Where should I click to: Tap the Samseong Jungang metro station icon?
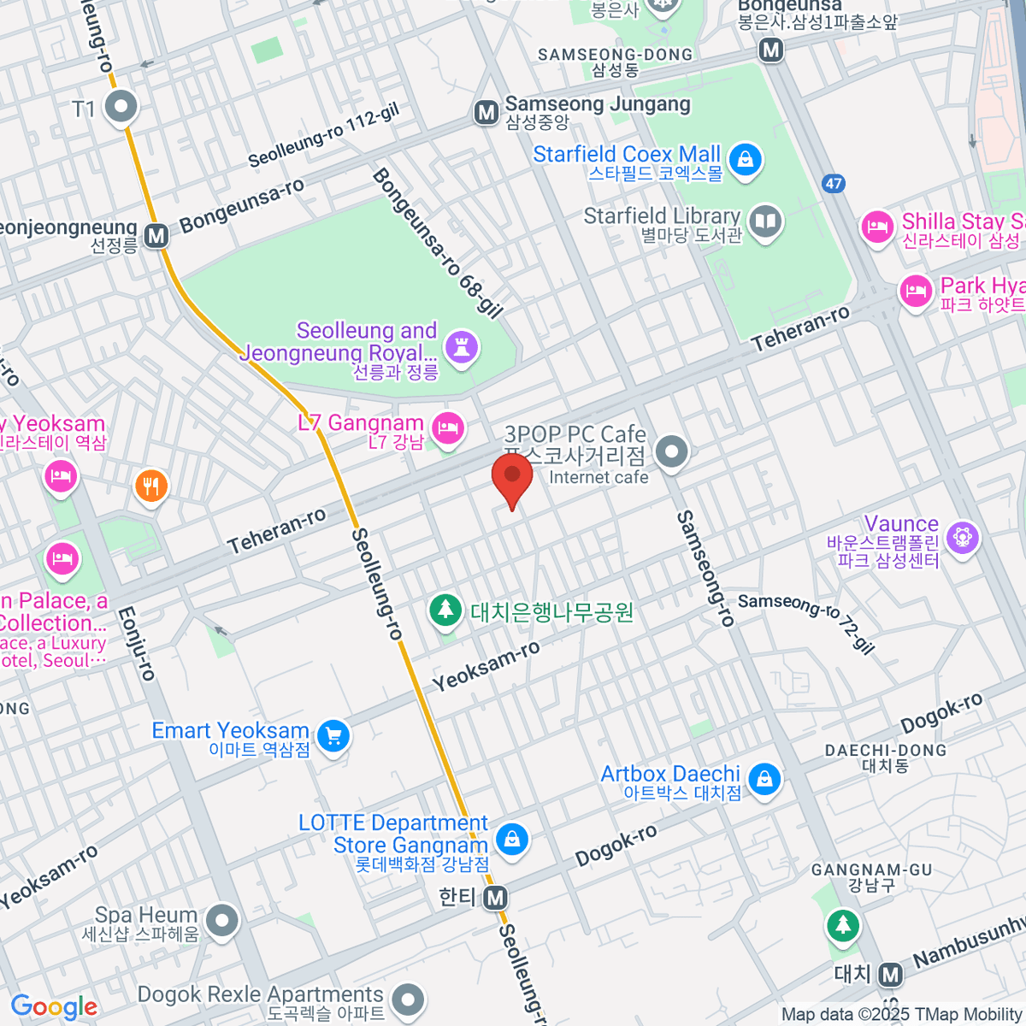pos(486,112)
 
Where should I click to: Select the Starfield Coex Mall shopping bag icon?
pos(746,160)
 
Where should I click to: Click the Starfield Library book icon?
pos(765,223)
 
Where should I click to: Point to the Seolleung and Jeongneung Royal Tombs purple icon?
pos(462,347)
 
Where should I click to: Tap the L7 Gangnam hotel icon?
pos(448,427)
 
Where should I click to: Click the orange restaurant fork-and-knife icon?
pos(151,486)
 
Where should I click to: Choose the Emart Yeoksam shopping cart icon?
pos(333,734)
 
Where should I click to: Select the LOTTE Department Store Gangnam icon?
pos(512,839)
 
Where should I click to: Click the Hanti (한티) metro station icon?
pos(495,898)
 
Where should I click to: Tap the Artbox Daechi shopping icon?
pos(764,779)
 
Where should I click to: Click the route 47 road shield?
pos(834,183)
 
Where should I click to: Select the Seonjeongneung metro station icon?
pos(156,235)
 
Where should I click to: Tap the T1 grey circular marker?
pos(121,108)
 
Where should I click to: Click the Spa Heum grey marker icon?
pos(223,922)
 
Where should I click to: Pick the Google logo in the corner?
pos(55,1007)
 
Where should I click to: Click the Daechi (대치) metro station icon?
pos(891,974)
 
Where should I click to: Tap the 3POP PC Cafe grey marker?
pos(672,451)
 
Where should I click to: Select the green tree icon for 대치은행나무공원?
pos(445,610)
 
